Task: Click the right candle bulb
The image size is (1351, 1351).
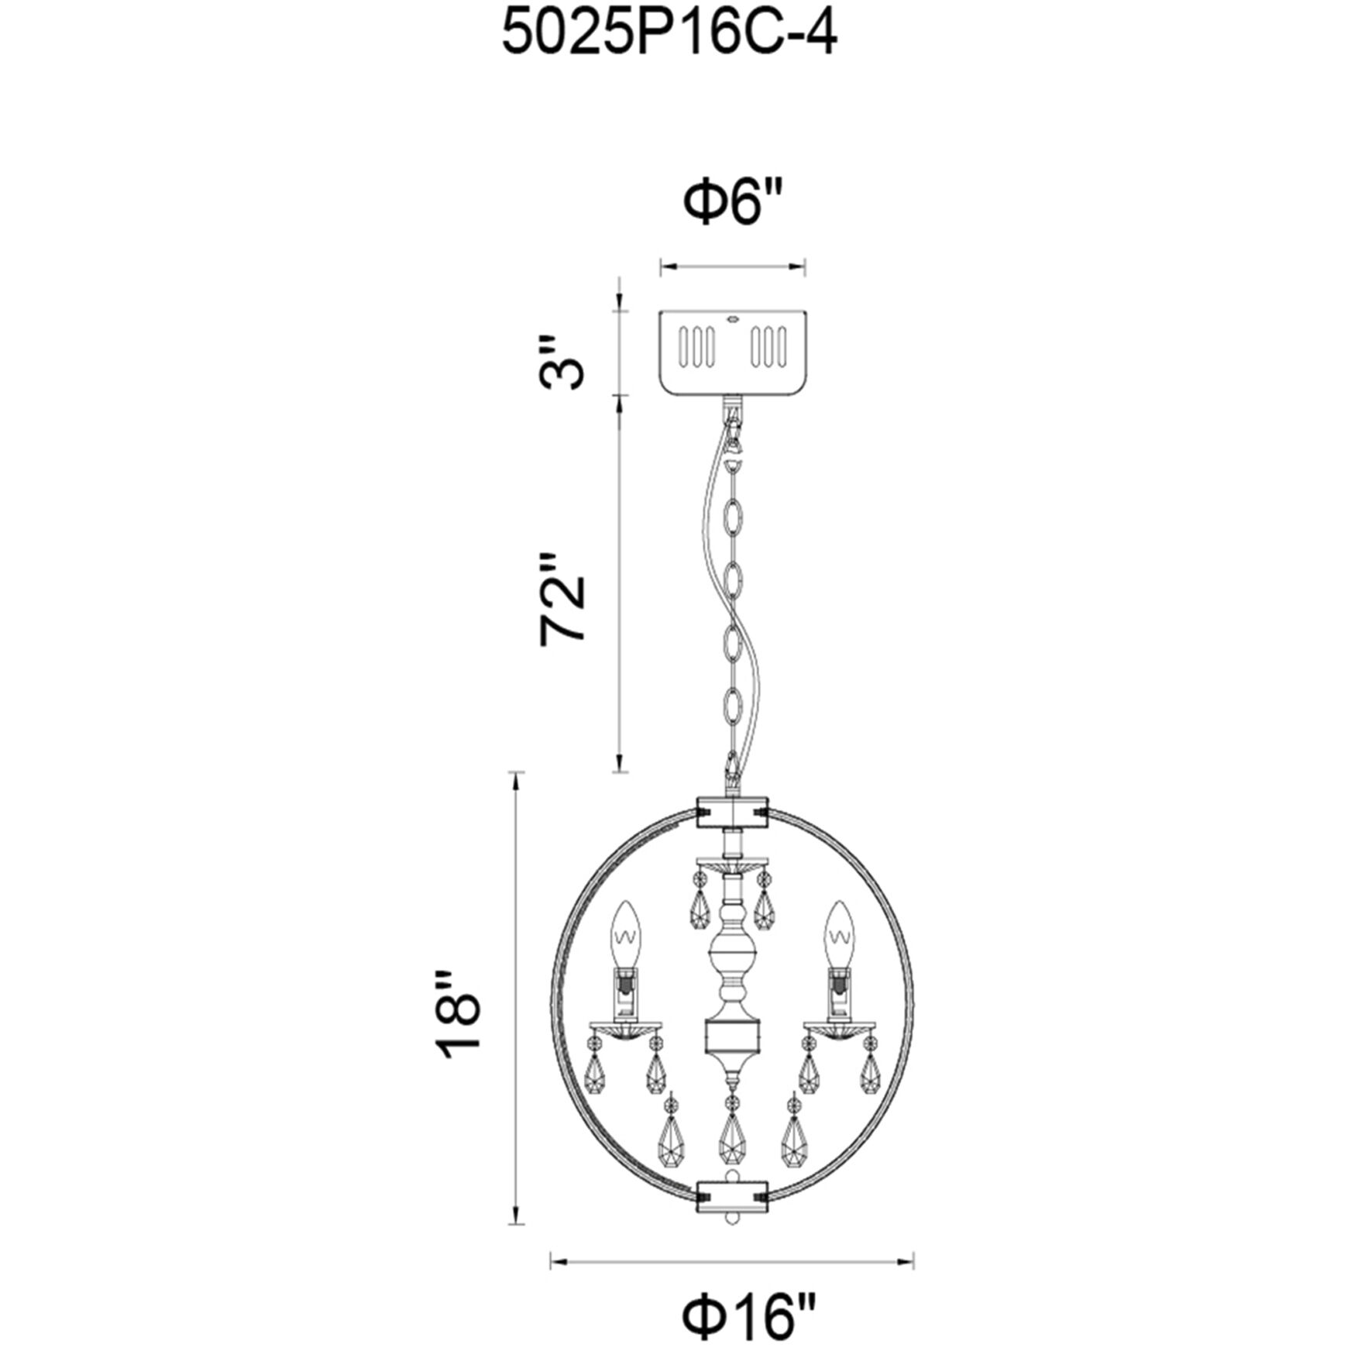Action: point(838,936)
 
